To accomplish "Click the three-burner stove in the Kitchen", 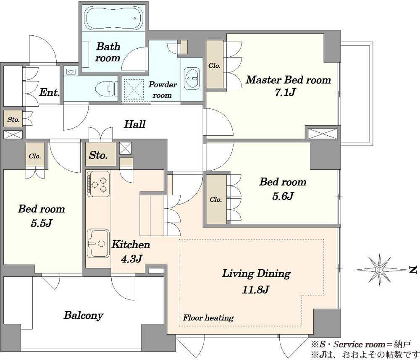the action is click(x=98, y=184).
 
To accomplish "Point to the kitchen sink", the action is click(x=98, y=243).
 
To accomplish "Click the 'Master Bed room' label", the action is click(x=288, y=80).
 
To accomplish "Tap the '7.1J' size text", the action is click(x=285, y=92).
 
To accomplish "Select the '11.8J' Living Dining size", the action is click(x=255, y=289).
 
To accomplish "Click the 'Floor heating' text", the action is click(x=208, y=318).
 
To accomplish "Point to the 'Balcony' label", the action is click(x=83, y=315).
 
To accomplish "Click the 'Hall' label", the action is click(x=135, y=124).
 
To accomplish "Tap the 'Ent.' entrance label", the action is click(x=49, y=93).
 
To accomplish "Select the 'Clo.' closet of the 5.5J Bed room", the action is click(x=35, y=156).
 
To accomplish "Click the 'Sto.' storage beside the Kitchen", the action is click(x=98, y=155).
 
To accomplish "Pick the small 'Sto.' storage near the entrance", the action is click(x=13, y=119).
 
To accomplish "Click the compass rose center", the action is click(x=380, y=269).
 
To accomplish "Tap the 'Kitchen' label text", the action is click(x=131, y=244).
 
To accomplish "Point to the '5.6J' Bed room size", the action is click(x=283, y=196).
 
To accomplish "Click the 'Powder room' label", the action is click(x=162, y=90).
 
